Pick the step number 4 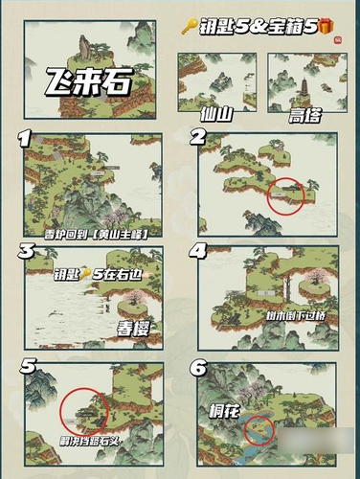pyautogui.click(x=199, y=252)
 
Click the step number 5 pyautogui.click(x=28, y=366)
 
